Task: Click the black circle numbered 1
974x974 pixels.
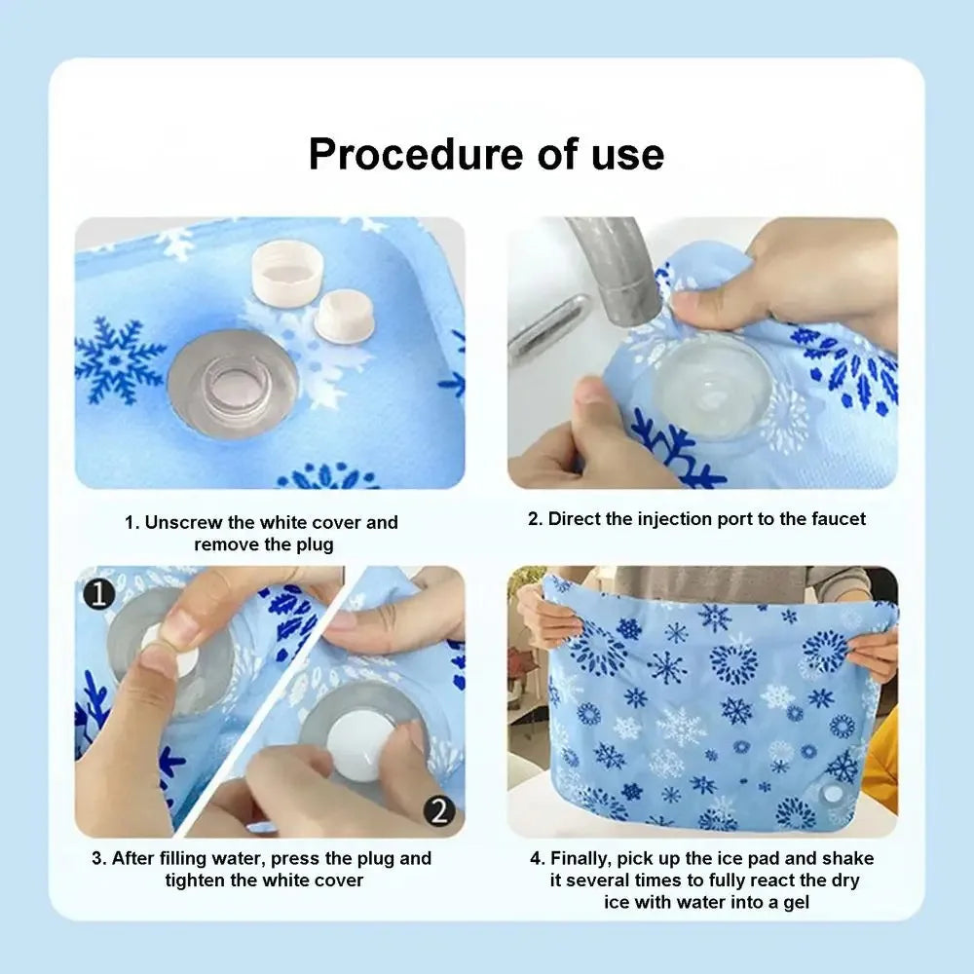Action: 98,593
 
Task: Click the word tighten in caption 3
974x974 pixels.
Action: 199,880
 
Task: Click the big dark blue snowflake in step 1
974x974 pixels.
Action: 120,360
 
